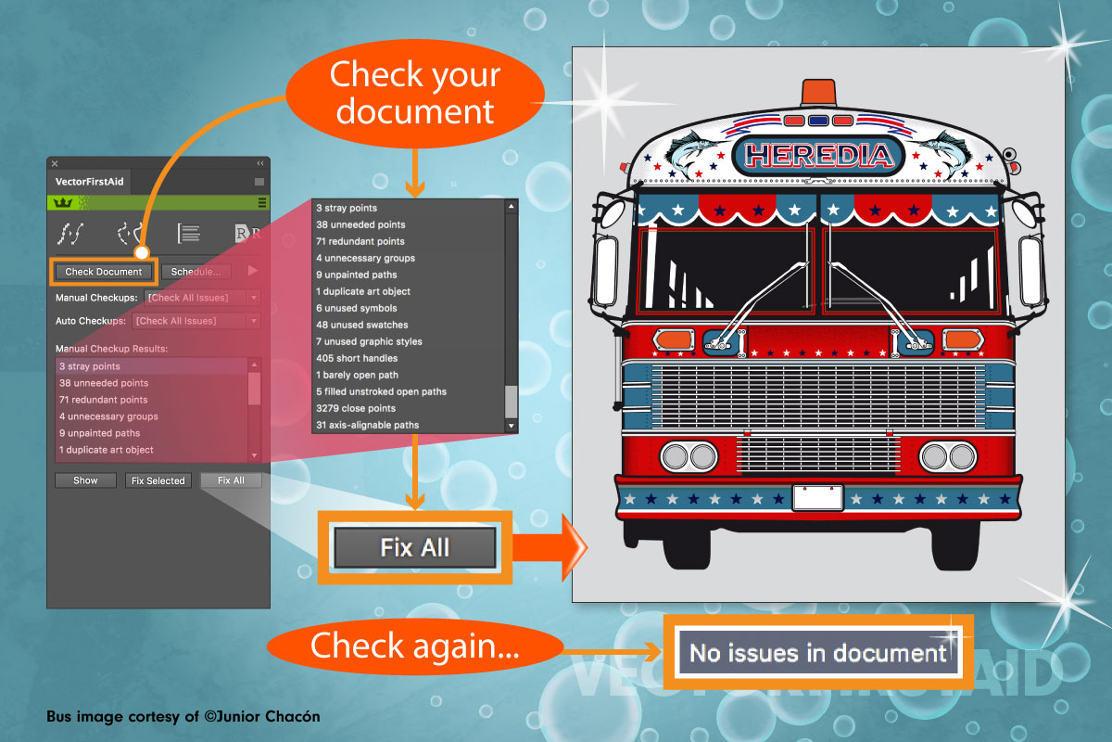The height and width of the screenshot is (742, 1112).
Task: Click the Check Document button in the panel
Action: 104,272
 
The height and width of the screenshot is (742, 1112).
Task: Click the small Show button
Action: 85,480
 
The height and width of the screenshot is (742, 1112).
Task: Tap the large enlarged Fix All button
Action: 414,547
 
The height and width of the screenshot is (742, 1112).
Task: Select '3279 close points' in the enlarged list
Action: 356,408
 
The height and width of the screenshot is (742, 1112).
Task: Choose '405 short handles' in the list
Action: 357,358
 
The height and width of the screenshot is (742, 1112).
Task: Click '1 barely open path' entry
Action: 357,375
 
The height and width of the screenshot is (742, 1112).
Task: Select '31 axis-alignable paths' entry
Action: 367,425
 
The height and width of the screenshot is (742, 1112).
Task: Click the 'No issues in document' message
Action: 818,653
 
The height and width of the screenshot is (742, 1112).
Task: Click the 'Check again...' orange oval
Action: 414,646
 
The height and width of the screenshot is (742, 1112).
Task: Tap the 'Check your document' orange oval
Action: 414,93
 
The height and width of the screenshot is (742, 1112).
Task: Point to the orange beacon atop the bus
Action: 817,92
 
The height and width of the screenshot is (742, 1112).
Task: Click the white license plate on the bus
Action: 817,498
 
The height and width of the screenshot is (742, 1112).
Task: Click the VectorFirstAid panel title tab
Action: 90,182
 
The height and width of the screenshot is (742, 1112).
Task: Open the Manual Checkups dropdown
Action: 201,298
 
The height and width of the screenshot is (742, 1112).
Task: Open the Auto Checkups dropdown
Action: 196,321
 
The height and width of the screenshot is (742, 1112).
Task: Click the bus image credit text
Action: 183,717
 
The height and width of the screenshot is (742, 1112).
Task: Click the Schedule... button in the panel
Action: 196,272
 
